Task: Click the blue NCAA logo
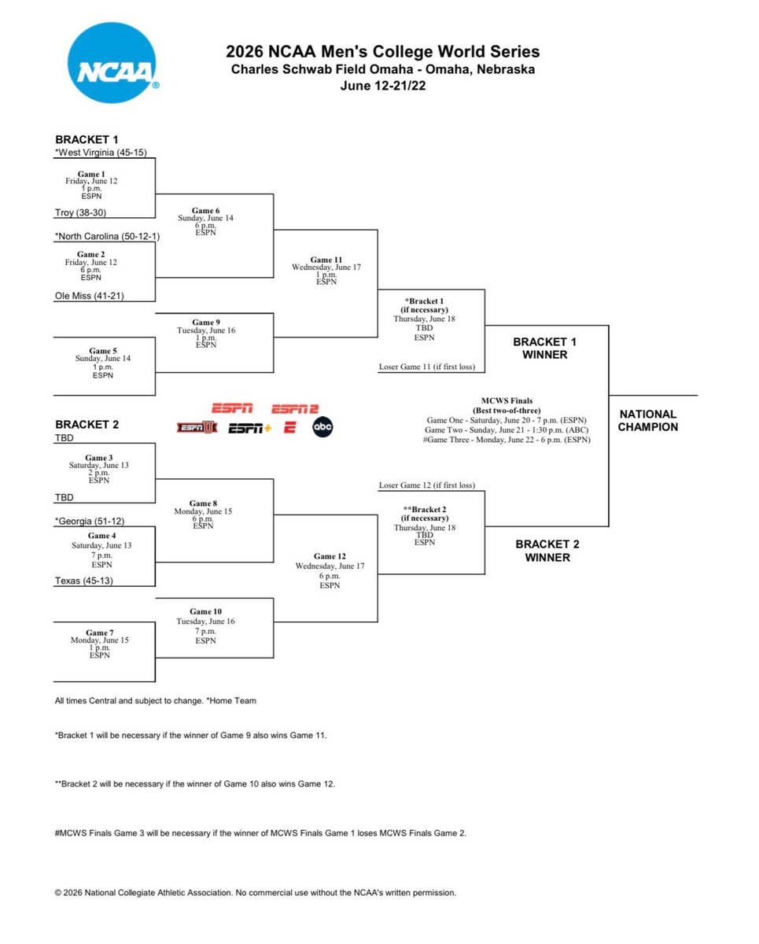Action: tap(112, 63)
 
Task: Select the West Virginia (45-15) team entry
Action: tap(101, 152)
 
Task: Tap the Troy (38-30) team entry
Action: tap(80, 212)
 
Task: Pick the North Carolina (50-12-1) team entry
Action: tap(107, 236)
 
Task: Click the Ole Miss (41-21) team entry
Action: tap(89, 296)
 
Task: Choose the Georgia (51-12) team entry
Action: tap(90, 521)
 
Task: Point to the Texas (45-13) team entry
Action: tap(84, 581)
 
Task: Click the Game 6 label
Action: tap(205, 211)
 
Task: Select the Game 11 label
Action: tap(326, 260)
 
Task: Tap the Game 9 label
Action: tap(206, 322)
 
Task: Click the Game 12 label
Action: tap(330, 556)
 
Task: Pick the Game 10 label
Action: tap(205, 611)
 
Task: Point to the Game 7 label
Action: tap(100, 632)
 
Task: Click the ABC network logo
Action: tap(322, 427)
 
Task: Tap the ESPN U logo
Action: tap(197, 427)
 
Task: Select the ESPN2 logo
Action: tap(295, 408)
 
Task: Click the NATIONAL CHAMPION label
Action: tap(647, 420)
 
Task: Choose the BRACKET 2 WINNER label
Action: tap(547, 551)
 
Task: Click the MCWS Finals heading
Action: tap(507, 400)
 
